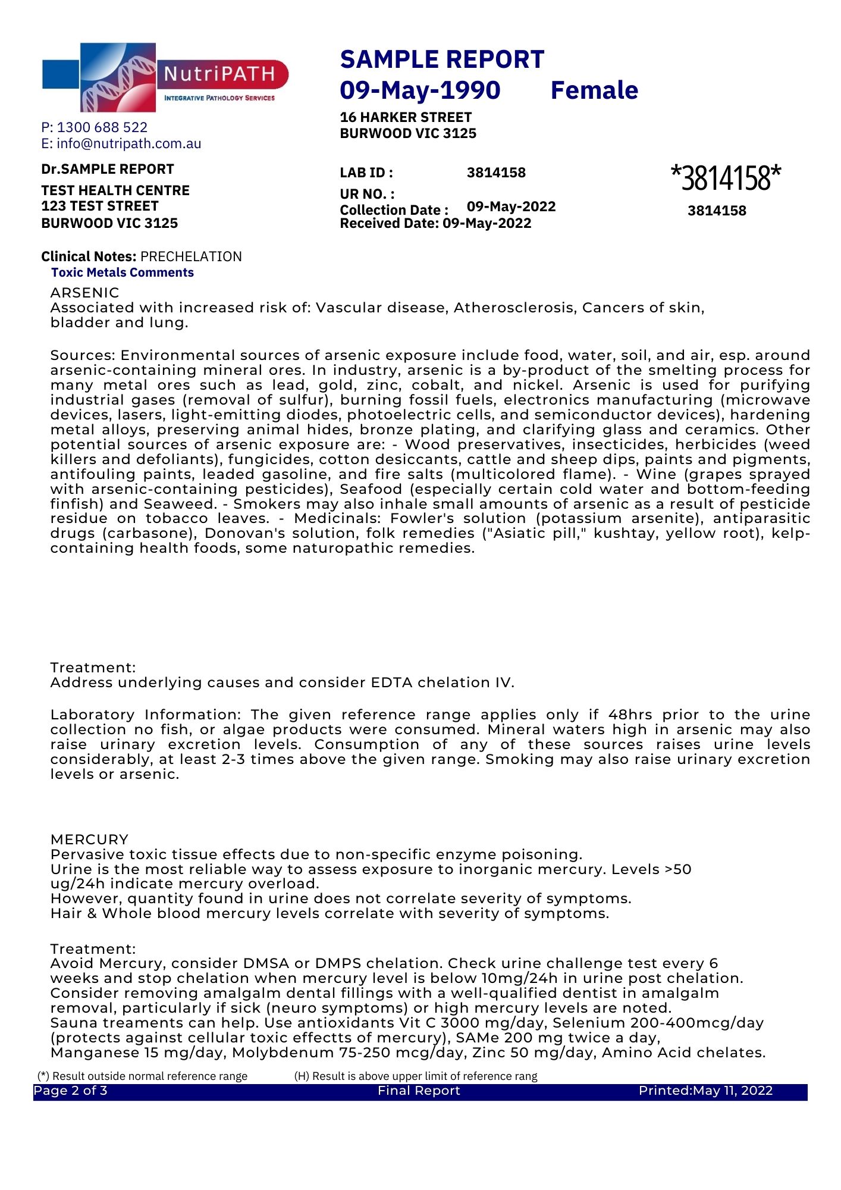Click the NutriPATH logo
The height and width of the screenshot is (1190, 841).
click(165, 77)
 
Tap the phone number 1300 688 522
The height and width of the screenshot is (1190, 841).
click(102, 127)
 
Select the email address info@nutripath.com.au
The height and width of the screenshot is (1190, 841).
click(129, 144)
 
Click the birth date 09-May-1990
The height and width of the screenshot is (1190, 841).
click(420, 90)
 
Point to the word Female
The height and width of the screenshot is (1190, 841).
click(594, 90)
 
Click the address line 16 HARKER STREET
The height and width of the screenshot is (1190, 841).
click(406, 117)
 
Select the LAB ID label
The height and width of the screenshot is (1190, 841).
click(366, 173)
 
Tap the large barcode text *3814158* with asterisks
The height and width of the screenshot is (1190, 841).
click(726, 177)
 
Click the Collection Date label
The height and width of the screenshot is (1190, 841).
click(394, 210)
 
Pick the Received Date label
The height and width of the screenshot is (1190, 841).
click(390, 224)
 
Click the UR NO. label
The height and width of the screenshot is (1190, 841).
click(367, 194)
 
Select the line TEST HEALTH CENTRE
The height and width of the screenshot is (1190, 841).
click(115, 190)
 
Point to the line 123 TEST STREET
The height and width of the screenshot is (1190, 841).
click(100, 206)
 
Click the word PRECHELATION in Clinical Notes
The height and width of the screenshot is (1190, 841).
click(191, 256)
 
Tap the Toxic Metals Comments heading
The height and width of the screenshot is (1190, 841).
click(123, 273)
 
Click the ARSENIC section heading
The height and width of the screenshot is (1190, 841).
click(85, 293)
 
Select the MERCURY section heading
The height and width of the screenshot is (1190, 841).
click(90, 840)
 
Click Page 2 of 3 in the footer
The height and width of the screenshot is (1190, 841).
click(71, 1091)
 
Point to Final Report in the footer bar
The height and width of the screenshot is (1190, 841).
click(419, 1091)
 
